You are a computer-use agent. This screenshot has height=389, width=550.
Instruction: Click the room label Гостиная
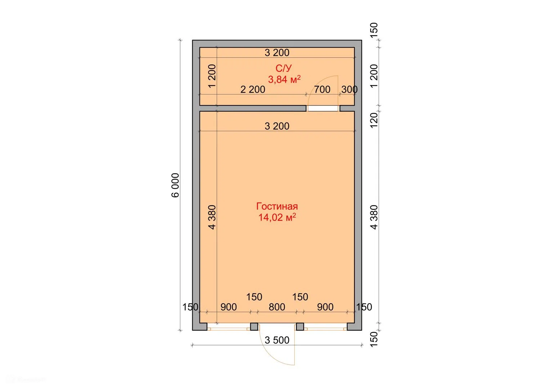point(277,206)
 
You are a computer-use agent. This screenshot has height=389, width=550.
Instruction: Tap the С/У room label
point(283,68)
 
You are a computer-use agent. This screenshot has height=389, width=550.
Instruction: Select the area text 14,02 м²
point(277,217)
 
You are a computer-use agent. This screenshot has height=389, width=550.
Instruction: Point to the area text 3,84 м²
point(284,79)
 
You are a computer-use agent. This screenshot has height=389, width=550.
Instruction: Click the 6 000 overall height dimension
point(175,185)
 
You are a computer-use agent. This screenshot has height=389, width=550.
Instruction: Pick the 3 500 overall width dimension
point(277,340)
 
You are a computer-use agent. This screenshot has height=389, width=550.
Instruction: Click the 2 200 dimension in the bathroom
point(252,89)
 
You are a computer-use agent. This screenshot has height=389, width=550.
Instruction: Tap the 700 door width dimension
point(322,89)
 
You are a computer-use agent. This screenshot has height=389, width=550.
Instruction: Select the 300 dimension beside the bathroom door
point(349,89)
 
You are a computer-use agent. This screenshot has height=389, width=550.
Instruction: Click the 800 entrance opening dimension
point(277,307)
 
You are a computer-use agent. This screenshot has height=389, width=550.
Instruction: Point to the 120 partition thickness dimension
point(374,120)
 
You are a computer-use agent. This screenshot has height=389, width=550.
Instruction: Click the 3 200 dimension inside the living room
point(277,126)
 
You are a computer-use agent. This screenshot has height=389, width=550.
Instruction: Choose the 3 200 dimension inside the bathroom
point(277,53)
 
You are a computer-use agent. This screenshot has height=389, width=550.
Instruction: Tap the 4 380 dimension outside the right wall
point(374,217)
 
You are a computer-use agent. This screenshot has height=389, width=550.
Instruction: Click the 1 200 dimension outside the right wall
point(374,76)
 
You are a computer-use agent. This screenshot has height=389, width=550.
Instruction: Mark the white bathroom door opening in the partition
point(323,108)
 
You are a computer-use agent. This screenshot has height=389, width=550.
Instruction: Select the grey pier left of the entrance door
point(254,327)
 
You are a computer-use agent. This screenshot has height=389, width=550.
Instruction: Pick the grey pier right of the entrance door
point(300,327)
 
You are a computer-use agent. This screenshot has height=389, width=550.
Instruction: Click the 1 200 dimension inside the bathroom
point(212,76)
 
